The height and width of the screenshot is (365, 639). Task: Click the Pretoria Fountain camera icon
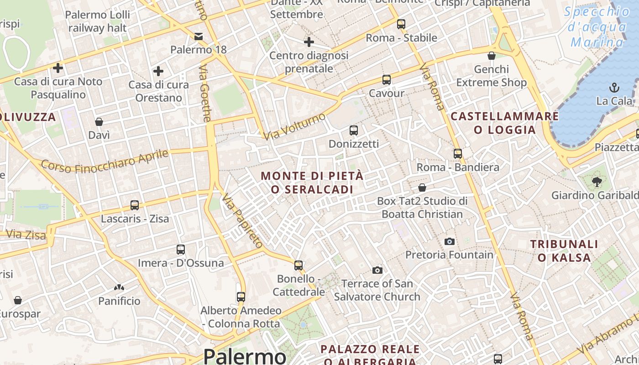450,241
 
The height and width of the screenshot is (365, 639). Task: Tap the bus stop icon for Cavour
387,80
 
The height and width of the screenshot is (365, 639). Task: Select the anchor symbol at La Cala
614,87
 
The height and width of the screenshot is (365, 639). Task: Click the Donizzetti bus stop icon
354,130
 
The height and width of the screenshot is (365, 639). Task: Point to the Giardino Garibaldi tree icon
597,182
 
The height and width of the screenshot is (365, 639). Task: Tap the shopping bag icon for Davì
99,122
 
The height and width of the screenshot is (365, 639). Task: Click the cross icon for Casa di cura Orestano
158,71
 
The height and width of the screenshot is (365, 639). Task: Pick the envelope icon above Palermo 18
199,36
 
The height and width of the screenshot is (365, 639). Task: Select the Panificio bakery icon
119,288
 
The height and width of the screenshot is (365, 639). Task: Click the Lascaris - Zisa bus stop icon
135,205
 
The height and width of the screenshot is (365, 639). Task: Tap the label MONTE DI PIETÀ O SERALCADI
312,182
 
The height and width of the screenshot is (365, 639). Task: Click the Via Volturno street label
294,126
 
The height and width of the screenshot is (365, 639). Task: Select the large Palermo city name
245,356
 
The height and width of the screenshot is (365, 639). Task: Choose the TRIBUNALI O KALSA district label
564,250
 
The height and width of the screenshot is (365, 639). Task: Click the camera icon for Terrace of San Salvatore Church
377,270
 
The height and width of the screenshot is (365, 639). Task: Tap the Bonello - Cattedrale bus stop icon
299,265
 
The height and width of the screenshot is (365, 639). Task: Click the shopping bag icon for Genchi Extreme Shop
492,56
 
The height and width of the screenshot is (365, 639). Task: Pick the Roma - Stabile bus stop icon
401,24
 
